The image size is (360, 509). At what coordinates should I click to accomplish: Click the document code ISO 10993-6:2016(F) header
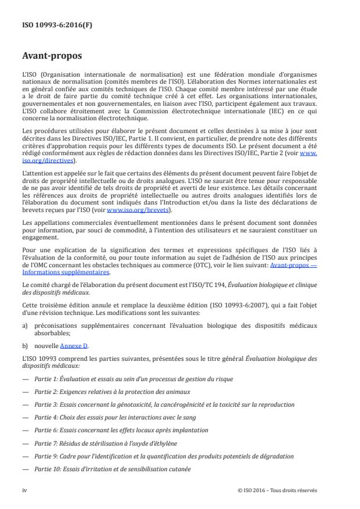pos(51,26)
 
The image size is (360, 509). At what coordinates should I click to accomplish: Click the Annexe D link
pos(74,346)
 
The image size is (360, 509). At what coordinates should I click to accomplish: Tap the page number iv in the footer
pos(25,490)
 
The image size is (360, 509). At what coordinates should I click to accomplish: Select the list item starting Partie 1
pos(134,379)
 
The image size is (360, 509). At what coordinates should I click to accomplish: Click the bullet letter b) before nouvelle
pos(25,346)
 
